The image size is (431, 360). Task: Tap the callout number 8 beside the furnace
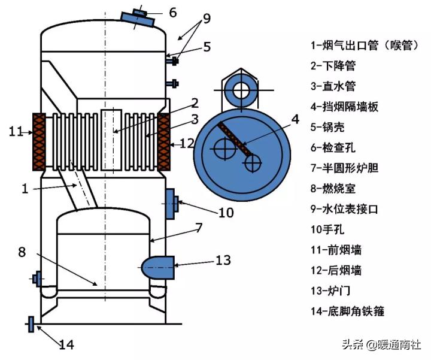(x=22, y=252)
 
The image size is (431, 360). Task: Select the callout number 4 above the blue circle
(x=294, y=120)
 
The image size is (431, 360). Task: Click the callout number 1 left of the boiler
(x=25, y=189)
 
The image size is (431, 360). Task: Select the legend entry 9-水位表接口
(x=344, y=209)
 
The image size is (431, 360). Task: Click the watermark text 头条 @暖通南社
(x=381, y=344)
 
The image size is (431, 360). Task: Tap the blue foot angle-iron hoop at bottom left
(x=31, y=325)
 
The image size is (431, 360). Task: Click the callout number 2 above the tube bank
(x=195, y=103)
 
